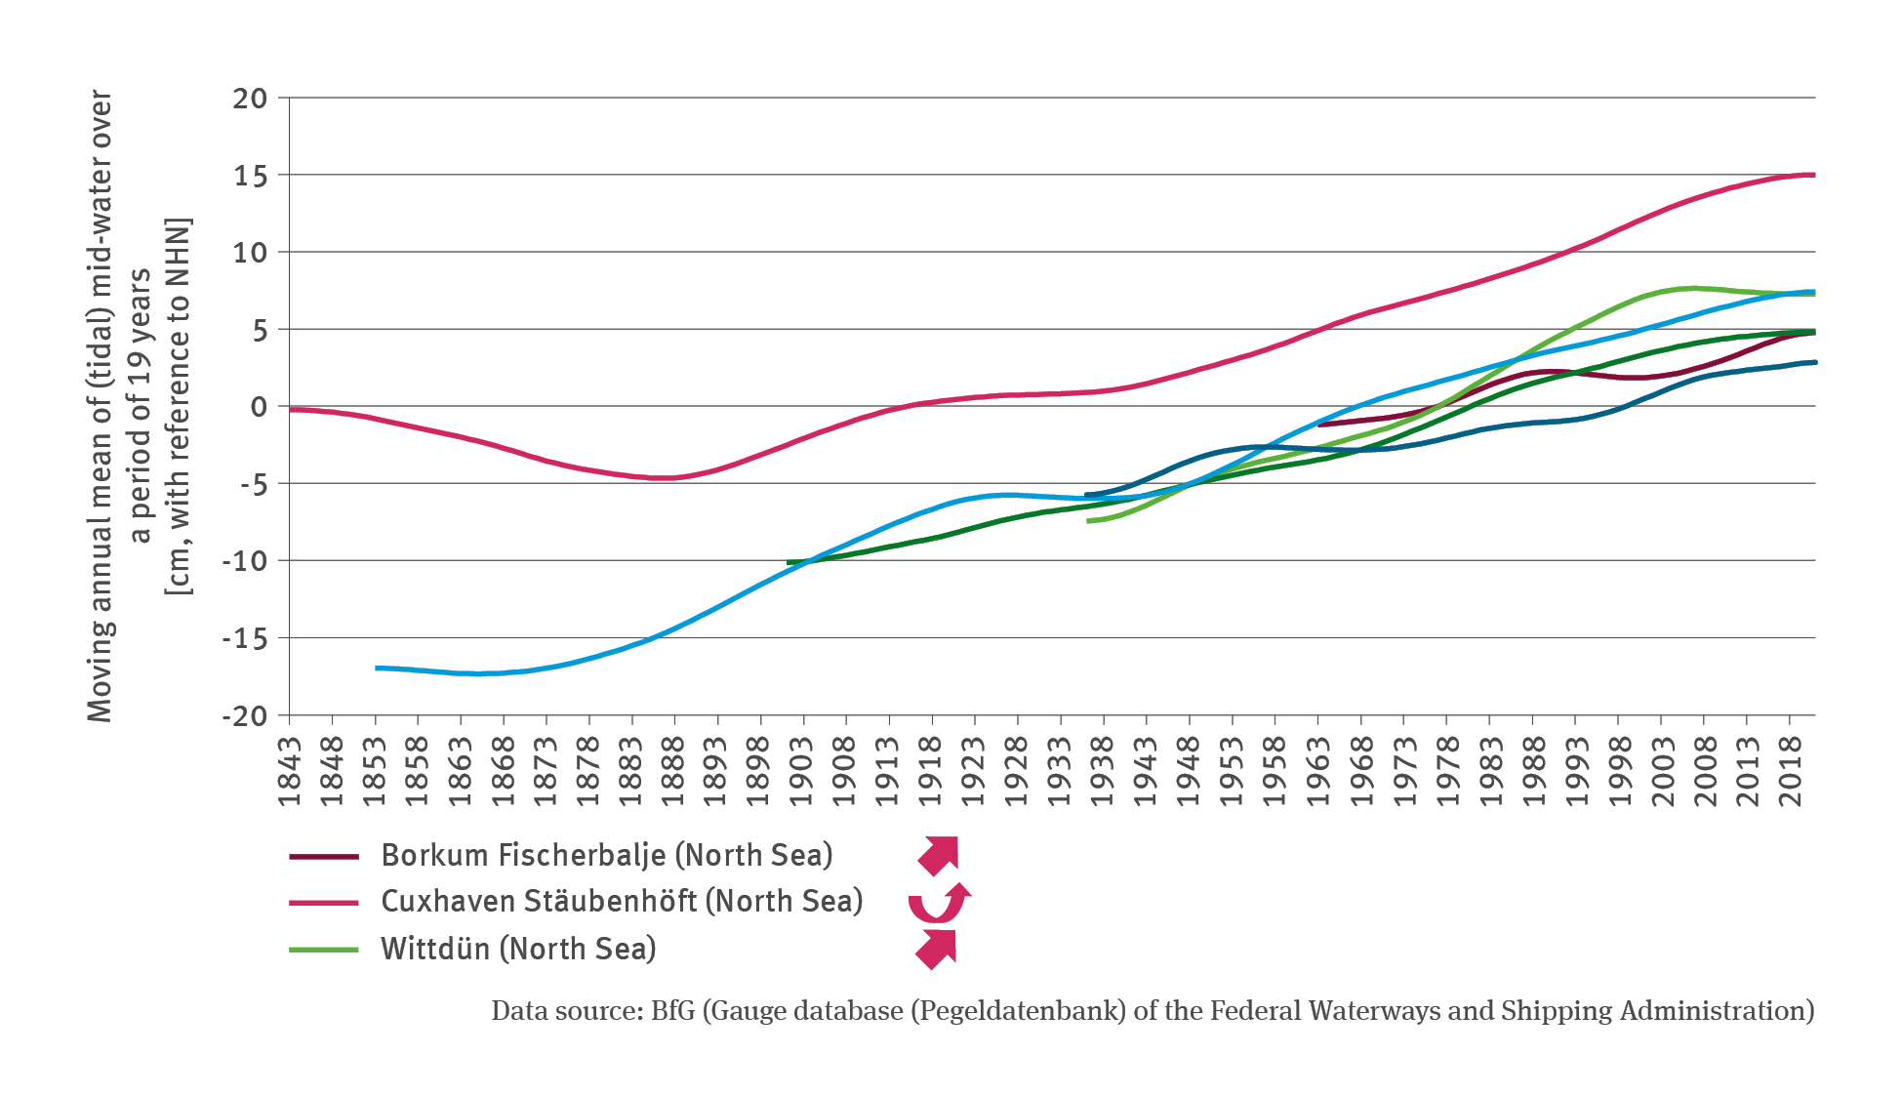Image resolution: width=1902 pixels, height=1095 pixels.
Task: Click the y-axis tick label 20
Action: click(249, 99)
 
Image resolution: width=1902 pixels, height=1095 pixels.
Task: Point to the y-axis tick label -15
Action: click(244, 639)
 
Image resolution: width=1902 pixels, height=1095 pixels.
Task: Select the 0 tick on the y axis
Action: click(258, 407)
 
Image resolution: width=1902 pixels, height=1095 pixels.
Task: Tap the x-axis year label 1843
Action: click(290, 771)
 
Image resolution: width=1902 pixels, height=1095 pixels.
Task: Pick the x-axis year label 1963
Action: click(1318, 771)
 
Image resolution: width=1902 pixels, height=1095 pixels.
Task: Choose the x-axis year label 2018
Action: click(1790, 771)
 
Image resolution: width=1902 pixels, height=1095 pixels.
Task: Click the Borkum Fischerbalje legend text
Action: click(606, 855)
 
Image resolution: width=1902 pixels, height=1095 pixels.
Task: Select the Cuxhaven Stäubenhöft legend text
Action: click(622, 901)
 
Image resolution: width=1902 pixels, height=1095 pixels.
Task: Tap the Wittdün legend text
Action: click(518, 949)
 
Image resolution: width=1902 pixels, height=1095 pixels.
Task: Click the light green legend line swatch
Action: click(324, 949)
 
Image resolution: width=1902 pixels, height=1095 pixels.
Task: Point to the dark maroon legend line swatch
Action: click(324, 856)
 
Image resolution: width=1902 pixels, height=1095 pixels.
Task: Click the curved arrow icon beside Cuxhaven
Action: click(939, 903)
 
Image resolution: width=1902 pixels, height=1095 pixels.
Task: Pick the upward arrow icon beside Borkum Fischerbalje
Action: click(939, 855)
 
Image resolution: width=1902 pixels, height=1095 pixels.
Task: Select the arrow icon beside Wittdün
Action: click(937, 949)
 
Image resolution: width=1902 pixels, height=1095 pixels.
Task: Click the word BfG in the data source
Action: click(672, 1011)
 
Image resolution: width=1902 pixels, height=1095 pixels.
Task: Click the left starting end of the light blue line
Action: click(378, 668)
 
